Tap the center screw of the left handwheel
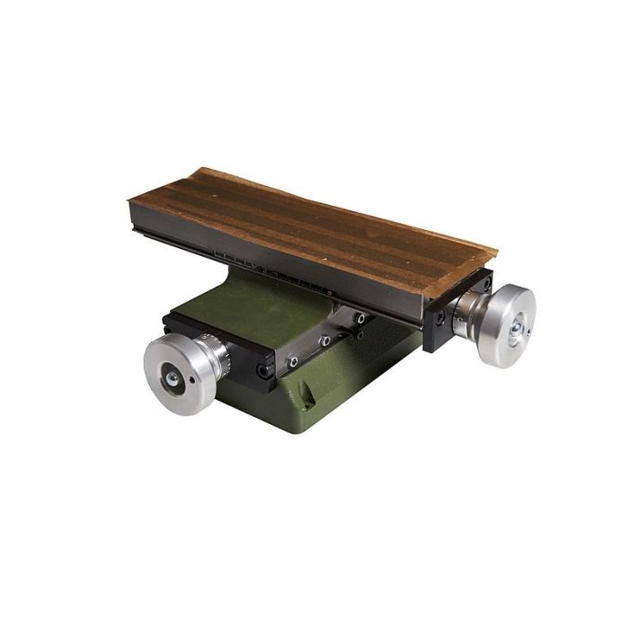171,380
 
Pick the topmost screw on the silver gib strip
359,318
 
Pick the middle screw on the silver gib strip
325,341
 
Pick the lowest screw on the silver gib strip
292,361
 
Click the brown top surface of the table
314,225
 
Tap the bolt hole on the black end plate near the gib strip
263,370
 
